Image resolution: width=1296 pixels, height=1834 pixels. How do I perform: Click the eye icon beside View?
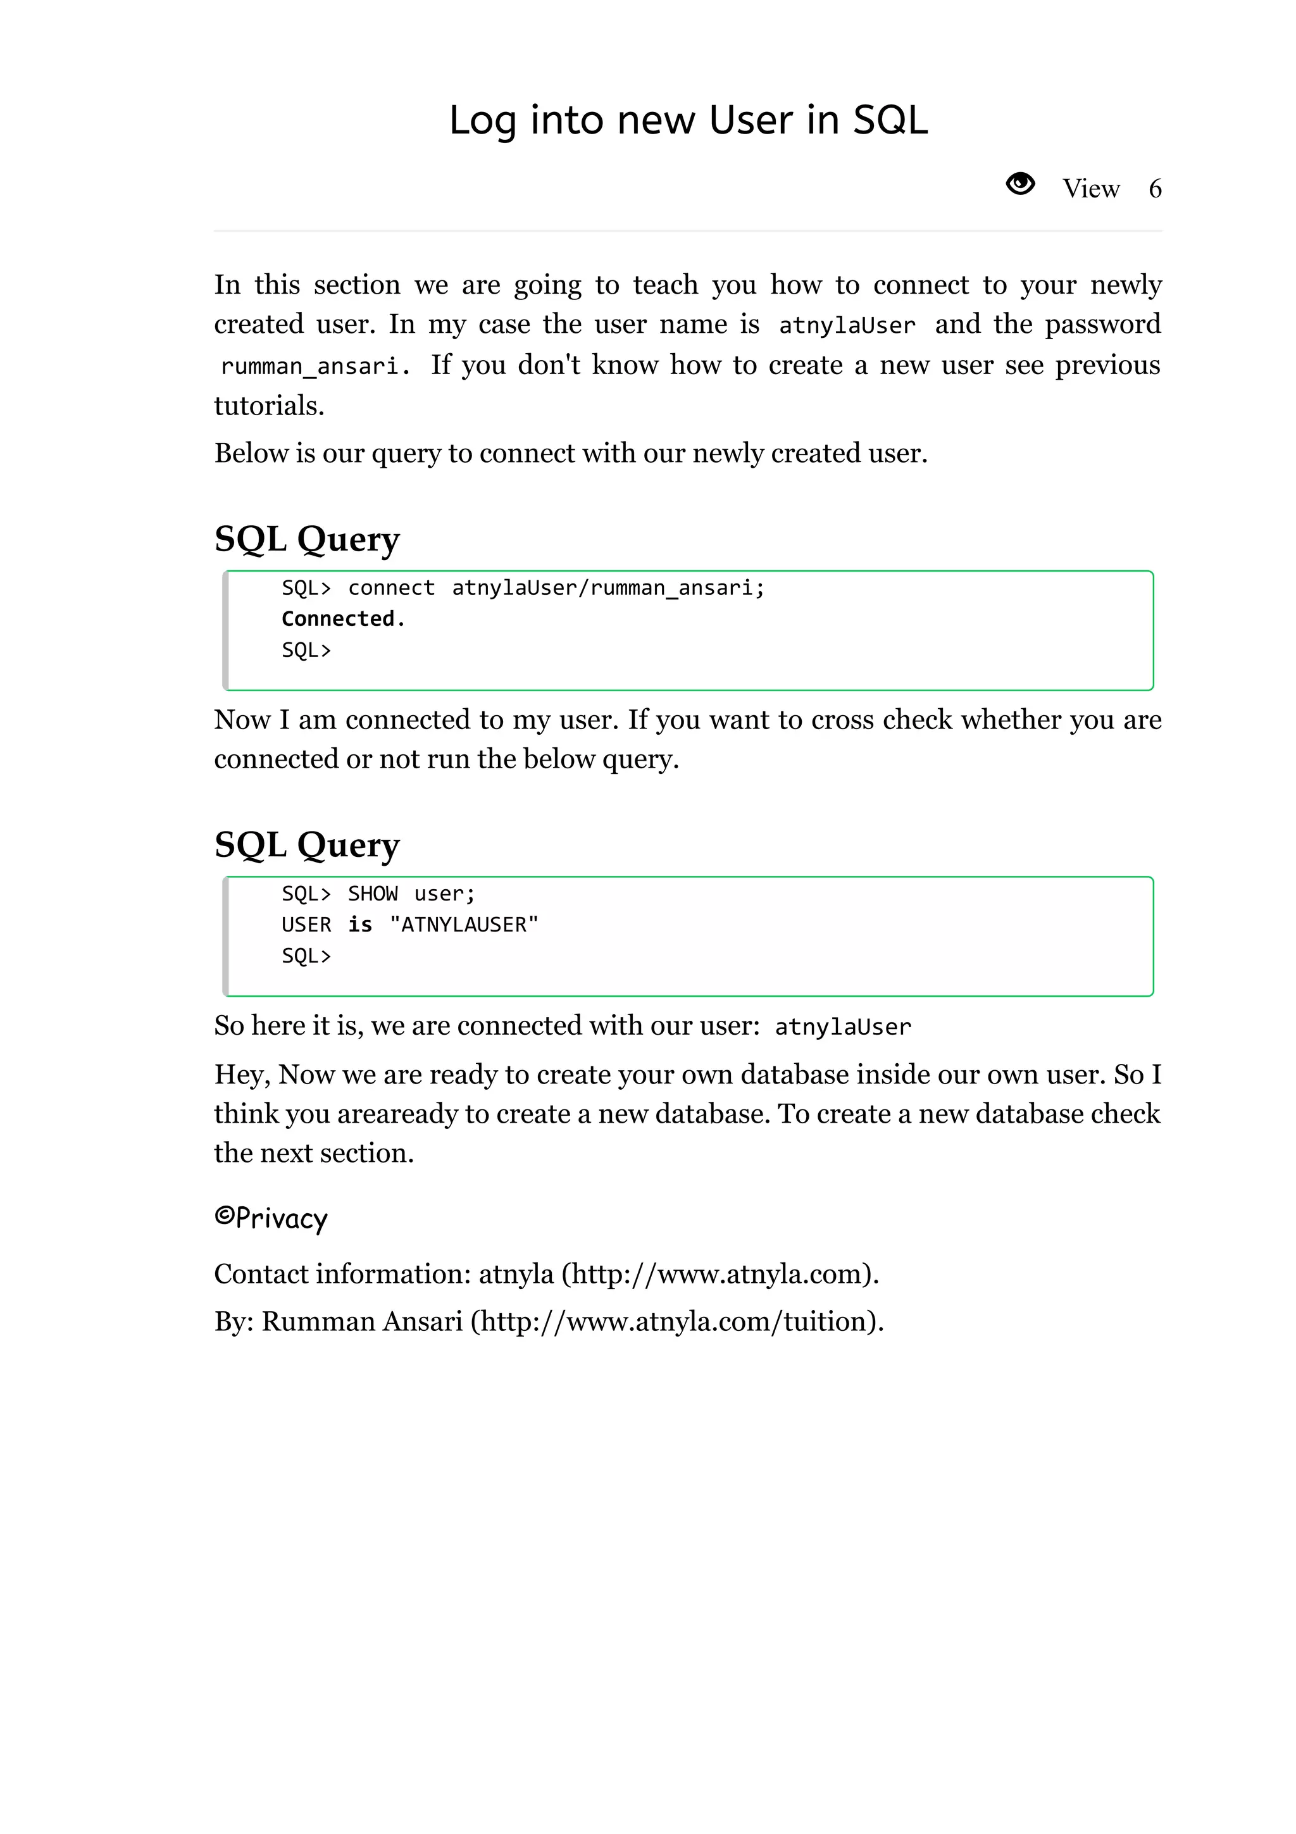pyautogui.click(x=1019, y=185)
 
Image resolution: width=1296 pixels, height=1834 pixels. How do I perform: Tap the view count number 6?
pyautogui.click(x=1155, y=189)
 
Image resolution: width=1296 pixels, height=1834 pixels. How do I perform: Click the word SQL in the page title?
pyautogui.click(x=890, y=121)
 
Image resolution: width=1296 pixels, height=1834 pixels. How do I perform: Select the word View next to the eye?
pyautogui.click(x=1091, y=189)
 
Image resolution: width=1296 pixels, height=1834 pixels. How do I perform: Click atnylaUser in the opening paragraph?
pyautogui.click(x=847, y=326)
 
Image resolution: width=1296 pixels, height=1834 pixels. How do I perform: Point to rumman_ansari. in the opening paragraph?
pyautogui.click(x=315, y=366)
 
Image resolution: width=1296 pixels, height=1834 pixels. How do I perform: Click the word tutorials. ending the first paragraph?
pyautogui.click(x=269, y=406)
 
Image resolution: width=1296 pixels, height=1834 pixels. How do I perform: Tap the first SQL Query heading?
pyautogui.click(x=307, y=539)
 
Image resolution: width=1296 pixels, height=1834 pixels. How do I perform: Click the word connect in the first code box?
pyautogui.click(x=391, y=588)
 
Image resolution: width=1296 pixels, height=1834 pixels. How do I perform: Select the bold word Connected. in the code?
pyautogui.click(x=344, y=619)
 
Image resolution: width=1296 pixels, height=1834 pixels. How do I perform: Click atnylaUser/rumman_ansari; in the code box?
pyautogui.click(x=607, y=588)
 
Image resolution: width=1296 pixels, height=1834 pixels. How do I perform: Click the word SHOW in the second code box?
pyautogui.click(x=372, y=894)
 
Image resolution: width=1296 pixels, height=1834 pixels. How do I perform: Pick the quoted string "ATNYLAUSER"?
pyautogui.click(x=464, y=925)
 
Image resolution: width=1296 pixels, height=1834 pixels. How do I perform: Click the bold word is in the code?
pyautogui.click(x=360, y=925)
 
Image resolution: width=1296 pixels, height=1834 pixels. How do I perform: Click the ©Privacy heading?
pyautogui.click(x=271, y=1219)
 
